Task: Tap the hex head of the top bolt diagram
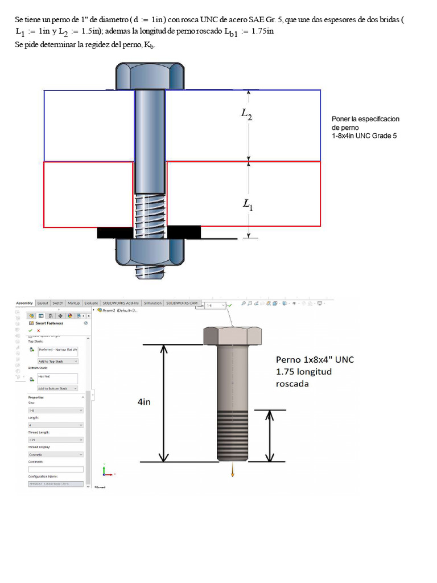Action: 150,76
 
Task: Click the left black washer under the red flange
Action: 115,232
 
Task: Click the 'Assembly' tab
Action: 24,303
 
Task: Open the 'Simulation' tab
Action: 152,303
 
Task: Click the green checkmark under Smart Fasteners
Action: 30,330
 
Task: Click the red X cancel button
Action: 38,330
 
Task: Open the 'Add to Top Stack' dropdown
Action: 57,361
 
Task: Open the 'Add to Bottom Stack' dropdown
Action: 57,388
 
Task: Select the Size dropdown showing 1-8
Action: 55,410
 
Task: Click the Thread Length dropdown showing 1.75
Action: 55,440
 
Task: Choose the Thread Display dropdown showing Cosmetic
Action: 55,454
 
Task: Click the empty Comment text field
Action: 55,469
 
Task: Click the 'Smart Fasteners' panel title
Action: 50,323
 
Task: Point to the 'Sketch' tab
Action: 58,303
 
